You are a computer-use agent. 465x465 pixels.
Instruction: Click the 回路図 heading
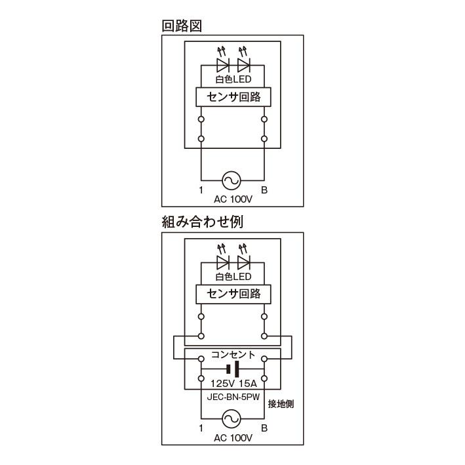(x=182, y=26)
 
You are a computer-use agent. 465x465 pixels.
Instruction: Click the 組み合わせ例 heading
(x=203, y=222)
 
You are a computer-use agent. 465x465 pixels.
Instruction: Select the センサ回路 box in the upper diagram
(x=233, y=97)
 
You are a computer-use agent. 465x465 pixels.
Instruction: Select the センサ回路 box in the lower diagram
(x=233, y=294)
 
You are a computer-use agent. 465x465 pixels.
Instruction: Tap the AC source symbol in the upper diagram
(x=232, y=180)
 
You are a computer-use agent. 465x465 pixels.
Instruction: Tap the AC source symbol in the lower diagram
(x=232, y=418)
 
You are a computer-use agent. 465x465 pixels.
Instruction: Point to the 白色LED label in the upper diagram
(x=233, y=79)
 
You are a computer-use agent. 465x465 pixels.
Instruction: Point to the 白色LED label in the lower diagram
(x=233, y=276)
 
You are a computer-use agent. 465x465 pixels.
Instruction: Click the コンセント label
(x=233, y=354)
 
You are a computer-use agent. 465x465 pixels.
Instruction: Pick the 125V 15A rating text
(x=233, y=384)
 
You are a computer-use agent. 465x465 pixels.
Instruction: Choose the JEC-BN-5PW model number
(x=233, y=397)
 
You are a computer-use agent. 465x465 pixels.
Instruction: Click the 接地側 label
(x=281, y=404)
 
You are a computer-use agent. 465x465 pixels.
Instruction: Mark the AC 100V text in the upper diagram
(x=233, y=199)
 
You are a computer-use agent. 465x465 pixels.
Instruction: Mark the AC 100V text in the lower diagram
(x=233, y=437)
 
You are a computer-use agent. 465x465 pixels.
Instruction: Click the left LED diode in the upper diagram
(x=223, y=65)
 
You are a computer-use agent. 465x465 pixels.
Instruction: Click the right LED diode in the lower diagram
(x=244, y=262)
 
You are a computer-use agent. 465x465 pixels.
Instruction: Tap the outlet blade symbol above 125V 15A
(x=233, y=369)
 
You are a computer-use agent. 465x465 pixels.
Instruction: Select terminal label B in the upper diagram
(x=264, y=190)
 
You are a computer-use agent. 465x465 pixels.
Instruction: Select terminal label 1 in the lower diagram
(x=201, y=428)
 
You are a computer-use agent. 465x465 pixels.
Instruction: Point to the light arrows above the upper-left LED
(x=222, y=51)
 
